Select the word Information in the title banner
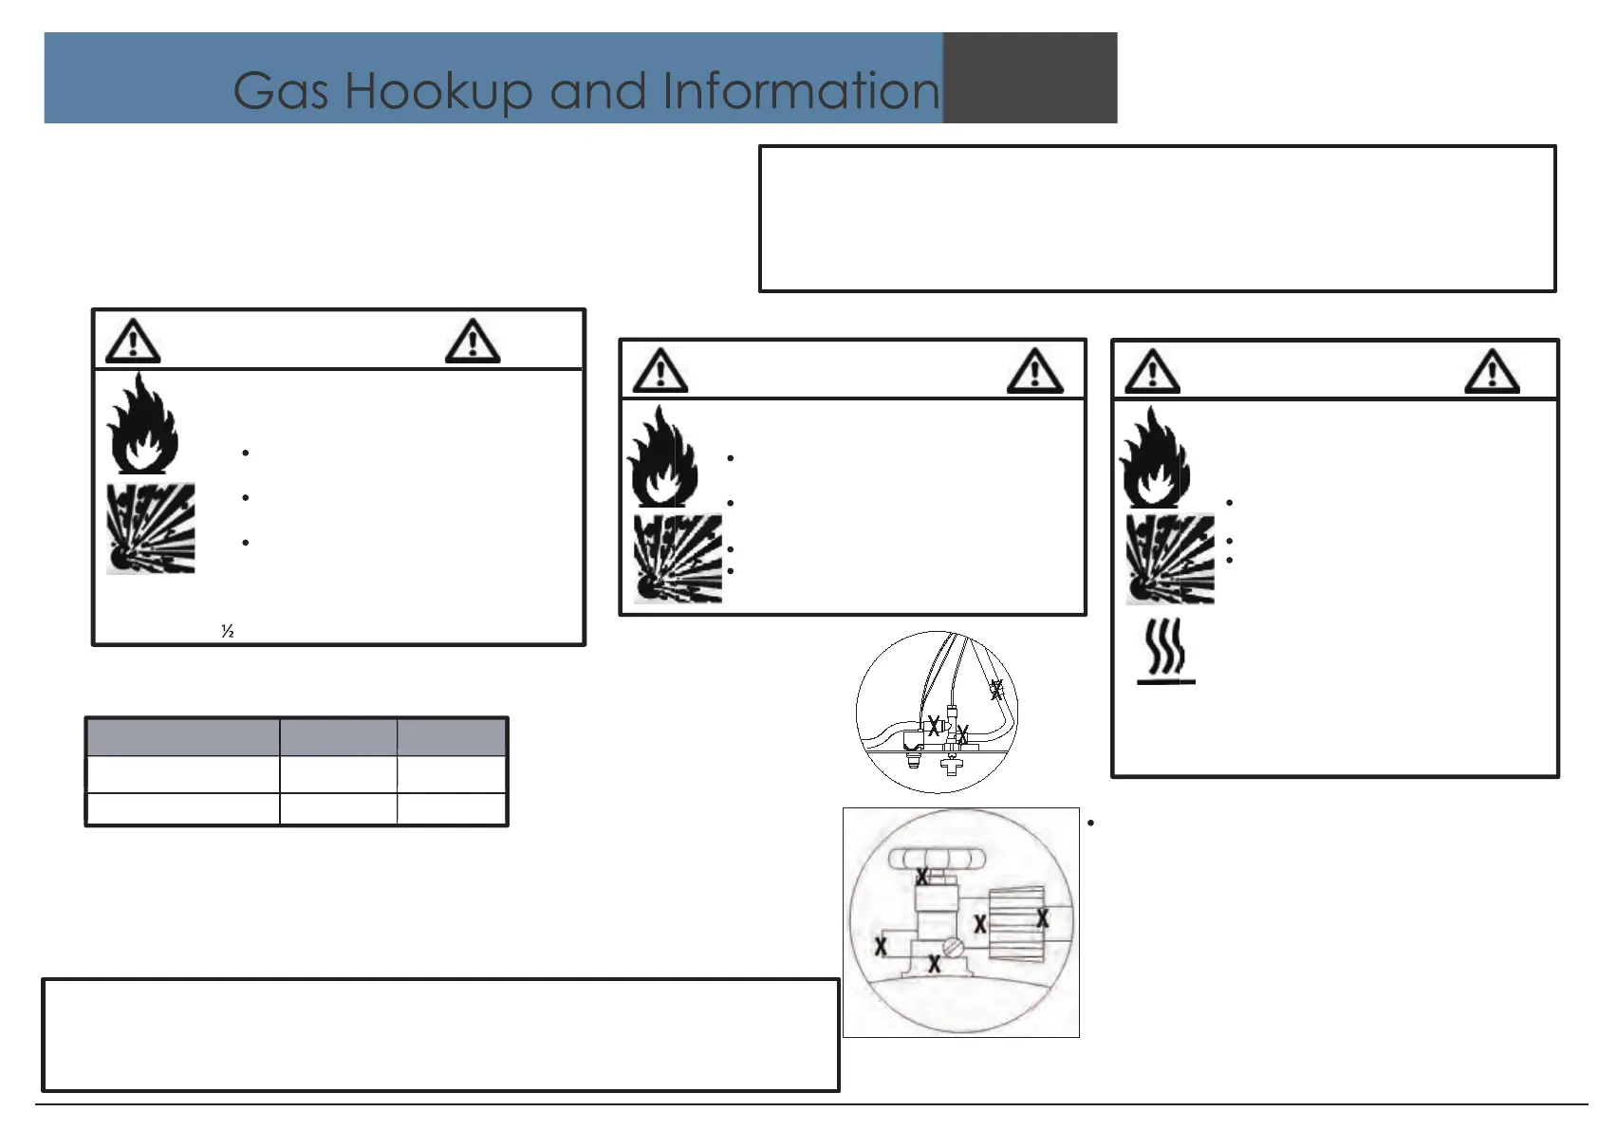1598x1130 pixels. coord(801,91)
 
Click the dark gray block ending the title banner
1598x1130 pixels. coord(1030,78)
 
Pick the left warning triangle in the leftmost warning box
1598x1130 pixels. coord(133,342)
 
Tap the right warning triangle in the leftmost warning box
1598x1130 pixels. coord(473,342)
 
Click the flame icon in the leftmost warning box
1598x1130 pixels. coord(142,423)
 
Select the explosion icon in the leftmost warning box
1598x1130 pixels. coord(151,528)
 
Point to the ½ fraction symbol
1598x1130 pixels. coord(228,631)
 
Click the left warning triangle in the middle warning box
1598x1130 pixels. coord(660,370)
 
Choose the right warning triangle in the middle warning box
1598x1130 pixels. coord(1034,370)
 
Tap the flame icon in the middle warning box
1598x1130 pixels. coord(662,457)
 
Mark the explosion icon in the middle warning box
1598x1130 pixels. coord(678,559)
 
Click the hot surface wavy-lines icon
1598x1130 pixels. coord(1165,651)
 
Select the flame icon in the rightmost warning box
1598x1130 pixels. coord(1154,457)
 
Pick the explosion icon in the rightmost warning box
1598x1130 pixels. coord(1170,559)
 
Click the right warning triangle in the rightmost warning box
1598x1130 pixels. coord(1492,371)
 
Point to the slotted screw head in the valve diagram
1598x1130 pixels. coord(953,946)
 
